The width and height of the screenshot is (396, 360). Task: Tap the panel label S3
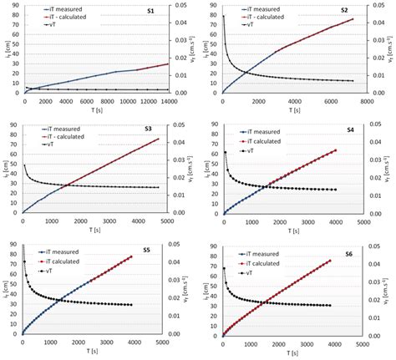148,129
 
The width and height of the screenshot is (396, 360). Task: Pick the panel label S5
146,250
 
